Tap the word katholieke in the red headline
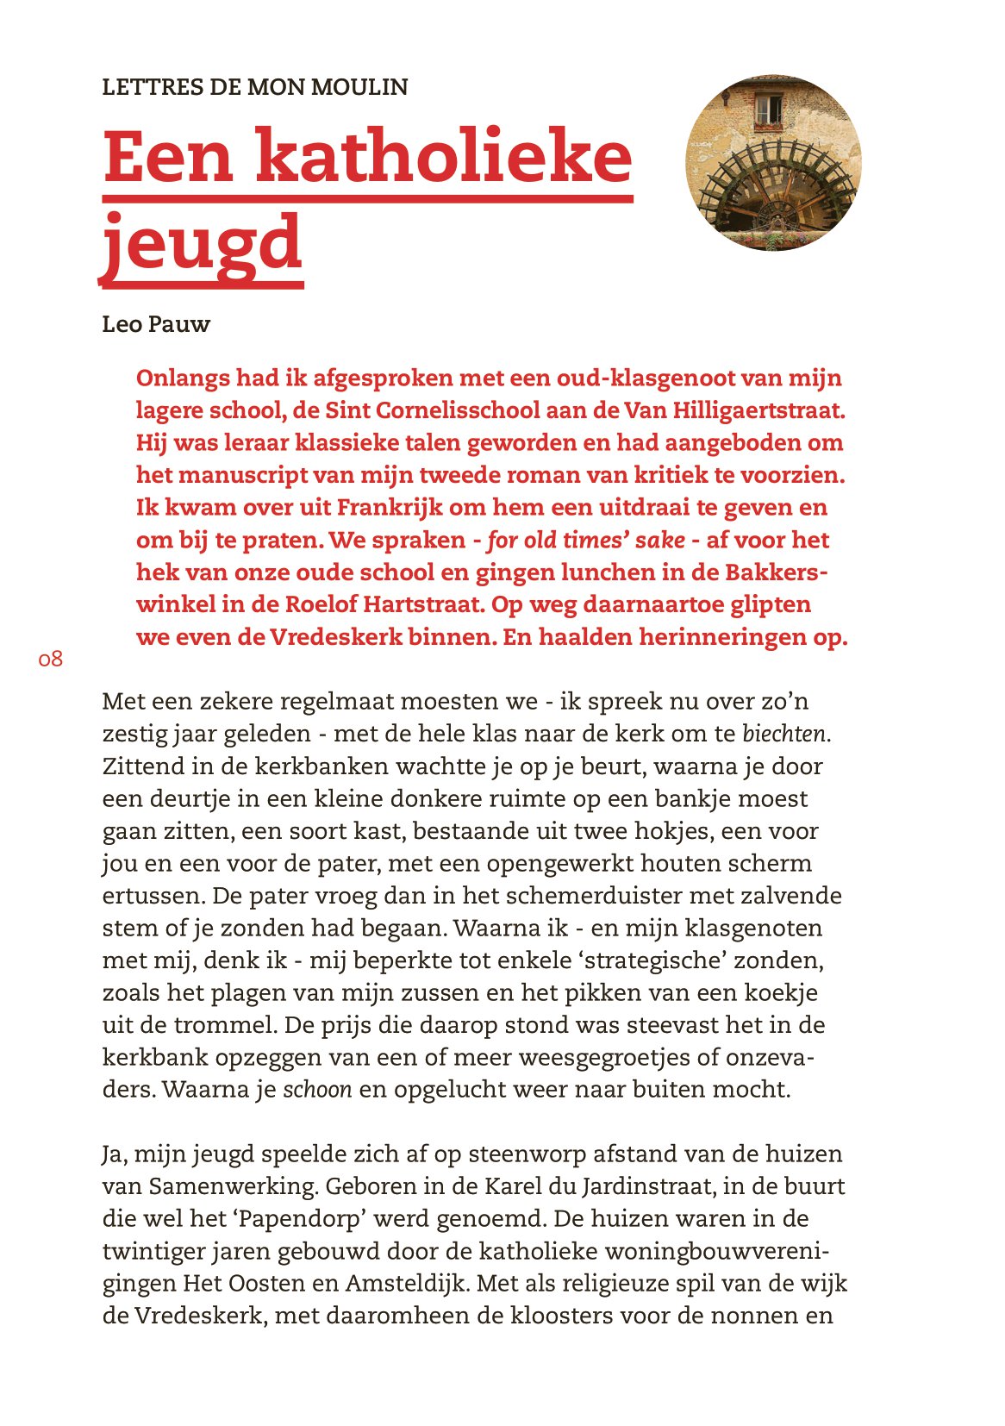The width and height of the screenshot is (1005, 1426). click(x=445, y=157)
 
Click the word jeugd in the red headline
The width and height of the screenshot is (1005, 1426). click(x=202, y=244)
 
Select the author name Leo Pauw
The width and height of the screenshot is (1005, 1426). click(x=156, y=324)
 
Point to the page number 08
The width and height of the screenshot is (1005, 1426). click(x=51, y=660)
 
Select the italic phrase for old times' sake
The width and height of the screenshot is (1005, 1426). click(x=586, y=541)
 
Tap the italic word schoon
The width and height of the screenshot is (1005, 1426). click(x=317, y=1090)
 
